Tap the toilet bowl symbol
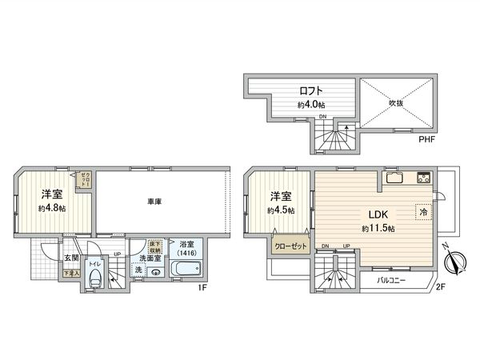click(95, 279)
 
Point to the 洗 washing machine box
click(138, 271)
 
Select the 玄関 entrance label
click(70, 258)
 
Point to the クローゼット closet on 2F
click(289, 247)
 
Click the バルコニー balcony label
click(392, 281)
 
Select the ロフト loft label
click(312, 91)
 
